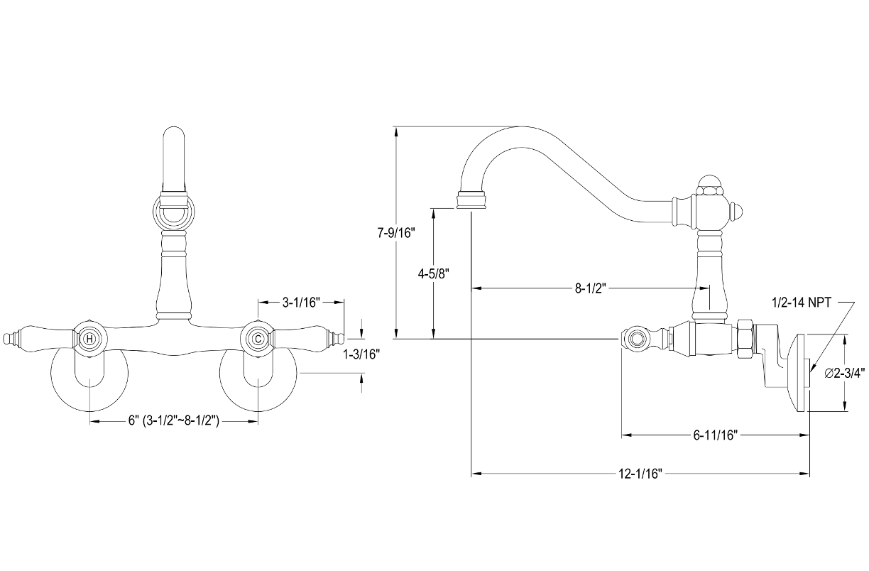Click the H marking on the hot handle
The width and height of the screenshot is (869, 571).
point(89,339)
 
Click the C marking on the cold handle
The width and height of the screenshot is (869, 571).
point(258,339)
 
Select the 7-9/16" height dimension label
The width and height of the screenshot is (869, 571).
point(396,233)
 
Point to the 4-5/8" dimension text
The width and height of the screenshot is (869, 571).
point(433,273)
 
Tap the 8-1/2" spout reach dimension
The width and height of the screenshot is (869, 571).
point(590,288)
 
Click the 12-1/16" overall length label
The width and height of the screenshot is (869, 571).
point(640,474)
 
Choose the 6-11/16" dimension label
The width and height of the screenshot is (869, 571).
point(715,435)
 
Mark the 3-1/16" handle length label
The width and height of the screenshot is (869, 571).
point(301,303)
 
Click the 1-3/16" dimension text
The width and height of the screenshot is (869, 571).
point(361,354)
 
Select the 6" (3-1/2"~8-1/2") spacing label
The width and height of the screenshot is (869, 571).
point(174,420)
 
